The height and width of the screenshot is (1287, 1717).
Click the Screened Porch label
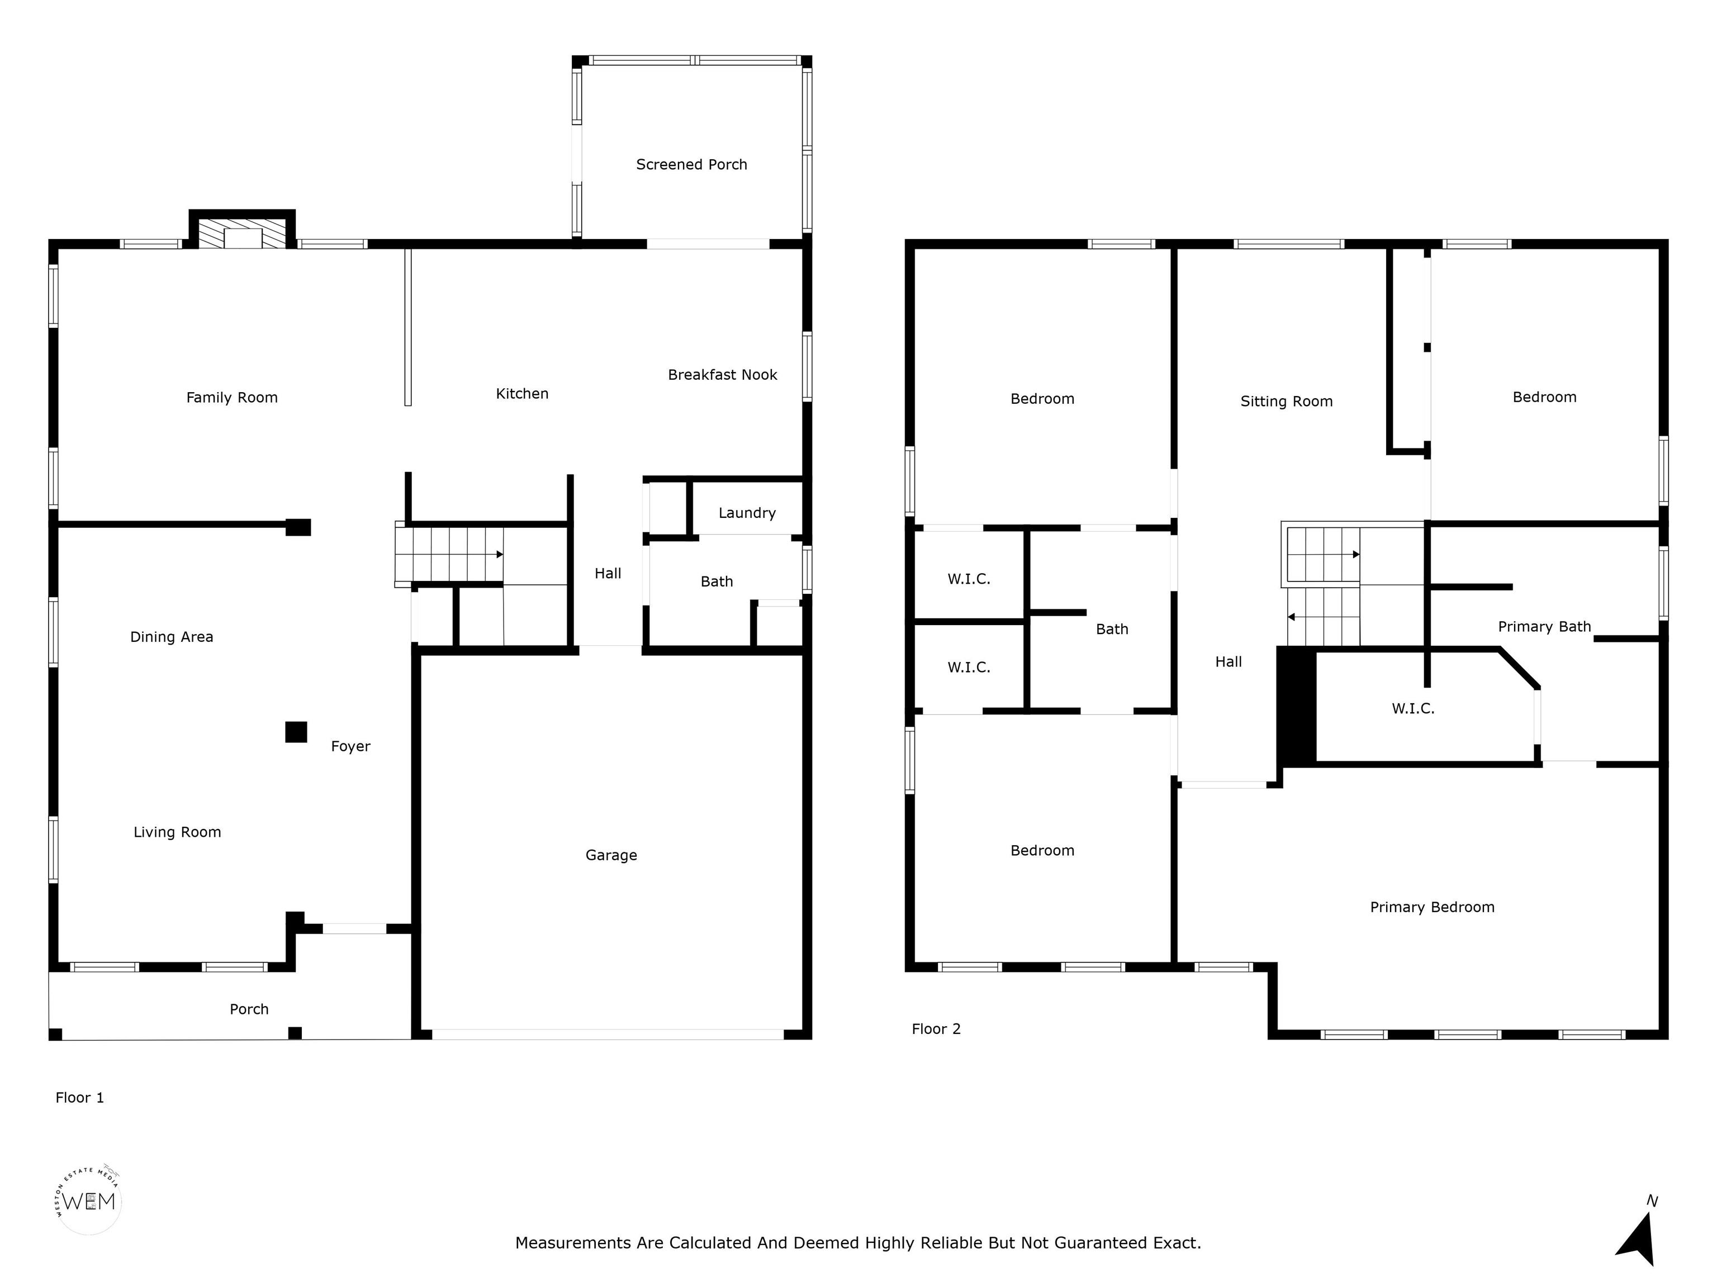click(x=691, y=164)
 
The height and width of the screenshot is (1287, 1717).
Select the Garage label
click(x=611, y=855)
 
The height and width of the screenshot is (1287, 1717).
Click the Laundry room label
click(x=747, y=513)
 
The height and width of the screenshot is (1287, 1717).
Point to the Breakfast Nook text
click(x=723, y=375)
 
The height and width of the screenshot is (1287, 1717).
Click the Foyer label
click(x=350, y=746)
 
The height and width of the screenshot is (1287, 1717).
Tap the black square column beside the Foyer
click(x=296, y=732)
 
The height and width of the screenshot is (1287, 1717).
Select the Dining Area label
click(x=172, y=637)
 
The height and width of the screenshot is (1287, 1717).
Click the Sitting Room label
click(x=1286, y=401)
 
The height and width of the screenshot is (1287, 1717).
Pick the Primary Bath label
click(x=1544, y=627)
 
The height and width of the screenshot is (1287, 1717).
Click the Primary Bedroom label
click(x=1432, y=907)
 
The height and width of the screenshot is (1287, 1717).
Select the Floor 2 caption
click(x=936, y=1029)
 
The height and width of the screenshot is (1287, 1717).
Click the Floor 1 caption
click(x=79, y=1097)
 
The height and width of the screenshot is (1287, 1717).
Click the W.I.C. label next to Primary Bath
click(x=1413, y=708)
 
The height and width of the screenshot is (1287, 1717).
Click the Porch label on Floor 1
click(x=249, y=1009)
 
